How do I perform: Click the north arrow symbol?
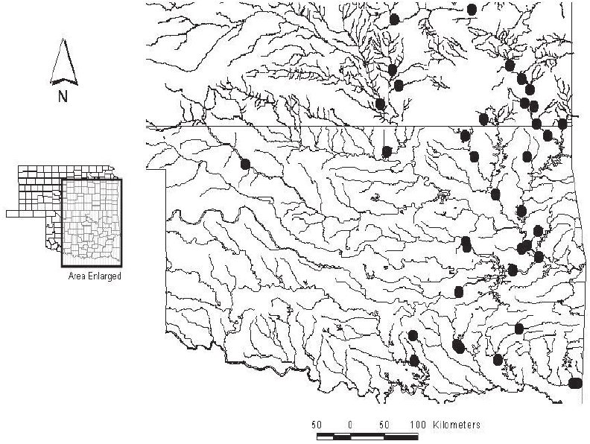coord(63,63)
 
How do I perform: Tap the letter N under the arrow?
coord(63,95)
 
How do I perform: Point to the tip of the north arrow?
coord(64,41)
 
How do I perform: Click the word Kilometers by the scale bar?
coord(454,425)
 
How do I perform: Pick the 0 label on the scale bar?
coord(350,425)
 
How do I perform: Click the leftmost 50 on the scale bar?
coord(317,425)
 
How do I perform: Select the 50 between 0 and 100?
coord(384,425)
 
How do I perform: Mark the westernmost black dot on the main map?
coord(245,164)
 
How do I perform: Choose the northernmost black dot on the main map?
coord(472,9)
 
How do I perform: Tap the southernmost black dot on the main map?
coord(575,383)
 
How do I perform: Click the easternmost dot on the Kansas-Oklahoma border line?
coord(562,123)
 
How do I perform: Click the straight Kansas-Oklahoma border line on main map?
coord(298,127)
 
